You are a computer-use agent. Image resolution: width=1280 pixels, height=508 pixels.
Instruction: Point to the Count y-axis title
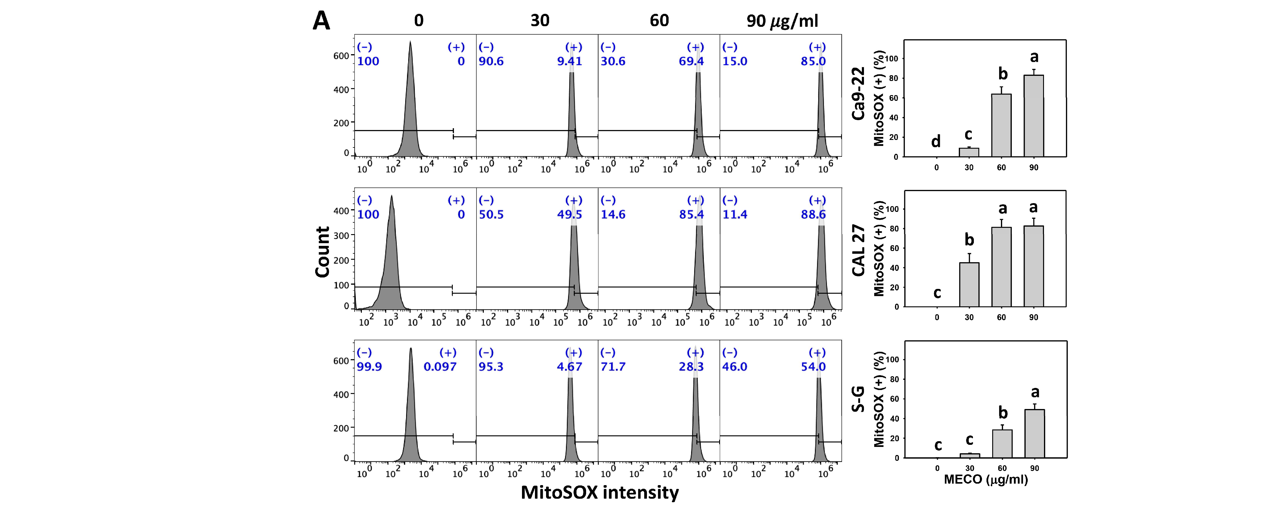tap(322, 252)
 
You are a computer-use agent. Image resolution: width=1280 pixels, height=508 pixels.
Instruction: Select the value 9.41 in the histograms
tap(570, 62)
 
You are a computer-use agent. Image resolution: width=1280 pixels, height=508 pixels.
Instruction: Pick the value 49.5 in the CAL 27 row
tap(570, 215)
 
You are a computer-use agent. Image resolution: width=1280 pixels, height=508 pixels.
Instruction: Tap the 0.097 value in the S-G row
tap(440, 367)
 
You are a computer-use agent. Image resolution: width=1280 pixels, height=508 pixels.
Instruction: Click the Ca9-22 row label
tap(858, 93)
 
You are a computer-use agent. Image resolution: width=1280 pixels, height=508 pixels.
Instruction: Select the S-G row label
tap(858, 399)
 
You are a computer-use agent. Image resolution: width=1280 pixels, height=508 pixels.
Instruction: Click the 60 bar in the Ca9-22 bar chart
tap(1001, 125)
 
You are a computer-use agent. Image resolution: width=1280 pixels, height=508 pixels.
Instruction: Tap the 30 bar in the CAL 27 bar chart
tap(969, 284)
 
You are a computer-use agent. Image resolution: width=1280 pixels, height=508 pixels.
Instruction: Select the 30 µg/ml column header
tap(540, 21)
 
